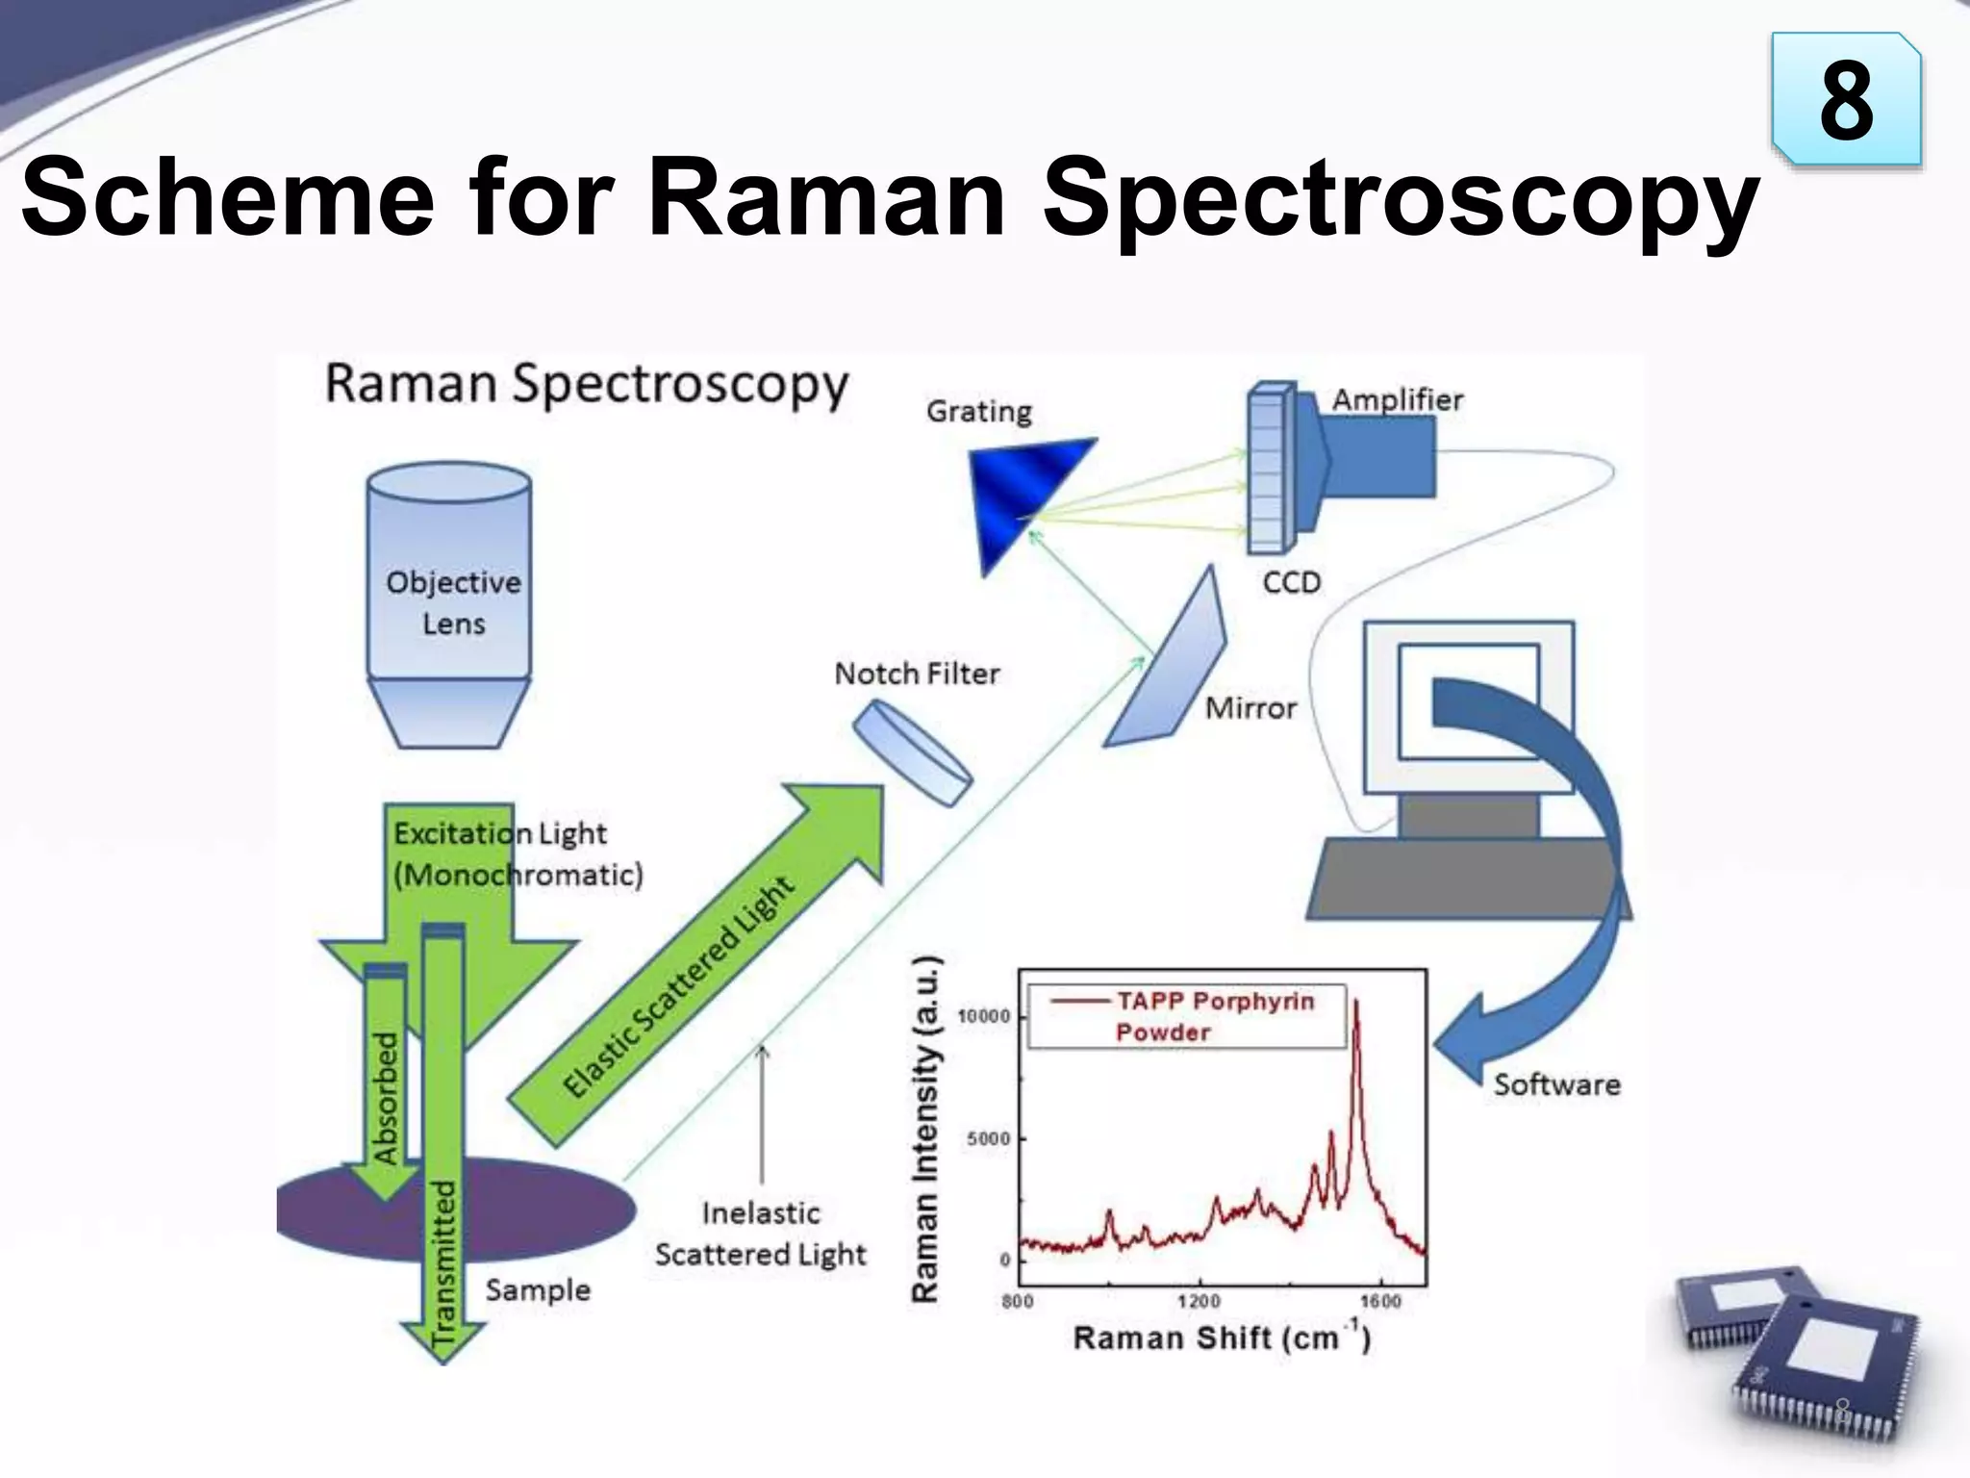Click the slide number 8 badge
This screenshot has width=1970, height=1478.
1846,100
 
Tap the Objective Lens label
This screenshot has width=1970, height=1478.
453,602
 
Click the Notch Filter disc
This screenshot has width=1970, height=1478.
912,753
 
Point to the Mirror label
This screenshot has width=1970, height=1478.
1250,708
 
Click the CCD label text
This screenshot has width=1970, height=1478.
1292,582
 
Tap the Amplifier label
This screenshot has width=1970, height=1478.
1397,399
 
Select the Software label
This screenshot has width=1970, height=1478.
1556,1084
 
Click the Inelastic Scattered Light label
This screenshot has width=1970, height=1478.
760,1234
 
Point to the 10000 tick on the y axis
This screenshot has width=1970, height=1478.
984,1016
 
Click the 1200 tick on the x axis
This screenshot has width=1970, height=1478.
1199,1301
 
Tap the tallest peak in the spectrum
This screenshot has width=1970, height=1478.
1356,1006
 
